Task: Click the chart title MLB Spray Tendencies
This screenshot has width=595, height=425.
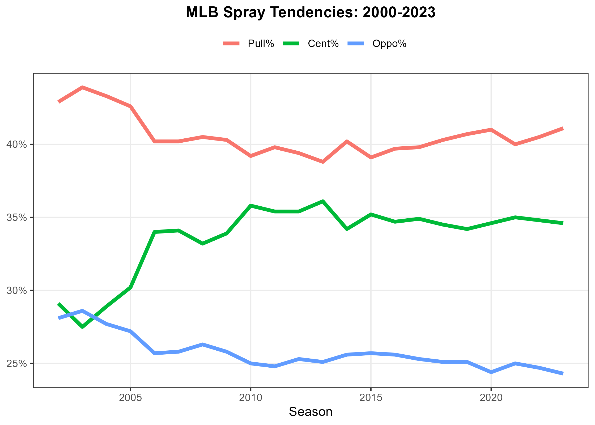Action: point(311,12)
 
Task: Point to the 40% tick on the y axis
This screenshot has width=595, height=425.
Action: point(17,145)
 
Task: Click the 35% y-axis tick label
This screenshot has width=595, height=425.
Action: point(17,218)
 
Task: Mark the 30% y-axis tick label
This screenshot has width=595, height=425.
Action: point(17,291)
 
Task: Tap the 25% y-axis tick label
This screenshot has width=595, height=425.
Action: point(17,364)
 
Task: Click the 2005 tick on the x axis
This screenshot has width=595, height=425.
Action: point(130,398)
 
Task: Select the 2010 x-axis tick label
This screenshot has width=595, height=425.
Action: point(250,398)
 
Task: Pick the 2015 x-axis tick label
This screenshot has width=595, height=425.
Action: point(371,398)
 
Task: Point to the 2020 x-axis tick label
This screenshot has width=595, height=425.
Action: point(491,398)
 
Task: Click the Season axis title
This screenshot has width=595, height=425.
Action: point(311,412)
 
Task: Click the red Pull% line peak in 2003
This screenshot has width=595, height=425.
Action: point(82,87)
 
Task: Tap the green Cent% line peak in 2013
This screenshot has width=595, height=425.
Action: point(323,201)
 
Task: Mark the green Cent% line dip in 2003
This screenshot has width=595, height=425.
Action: point(82,327)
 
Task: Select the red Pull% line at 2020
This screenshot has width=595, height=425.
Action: point(491,130)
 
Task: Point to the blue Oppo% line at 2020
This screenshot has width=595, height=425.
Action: point(491,372)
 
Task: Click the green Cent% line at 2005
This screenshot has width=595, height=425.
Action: point(130,287)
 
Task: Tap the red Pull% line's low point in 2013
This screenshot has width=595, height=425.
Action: point(323,162)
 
